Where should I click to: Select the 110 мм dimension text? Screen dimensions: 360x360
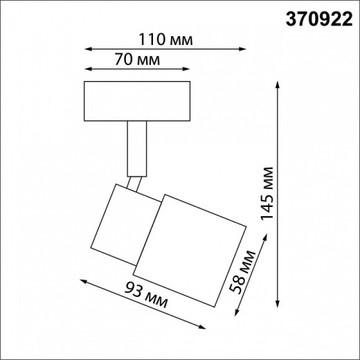(165, 39)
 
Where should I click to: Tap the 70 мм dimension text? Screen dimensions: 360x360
(136, 60)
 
